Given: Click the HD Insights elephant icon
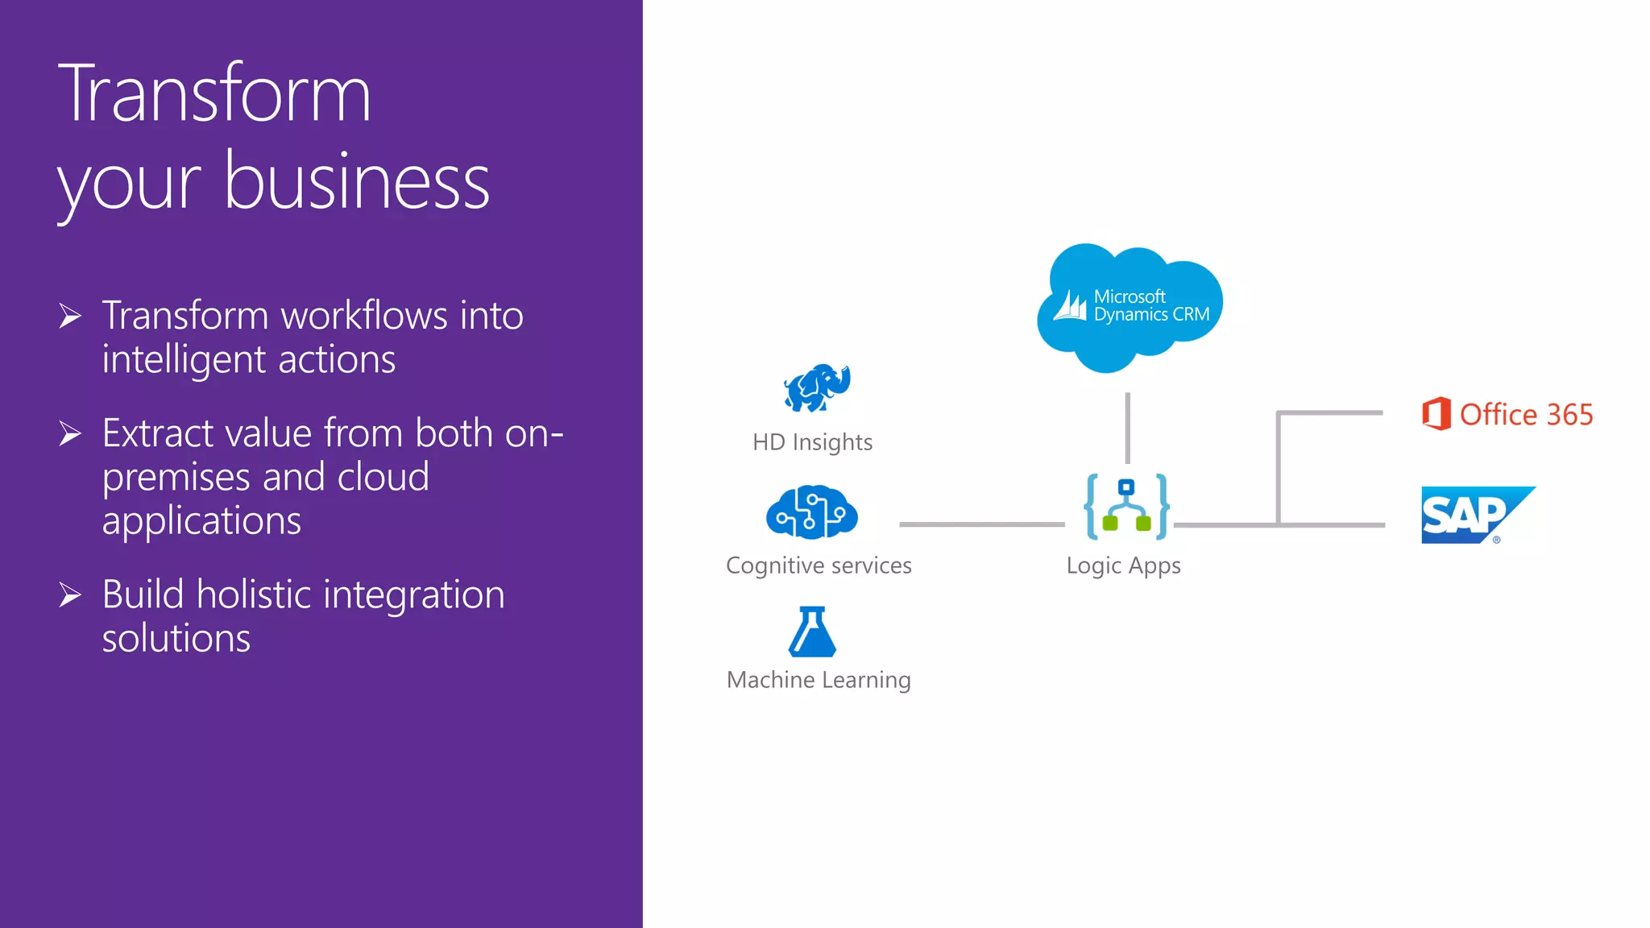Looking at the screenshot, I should coord(817,387).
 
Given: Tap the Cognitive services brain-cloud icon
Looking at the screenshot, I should coord(811,512).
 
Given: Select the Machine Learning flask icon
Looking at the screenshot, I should coord(812,632).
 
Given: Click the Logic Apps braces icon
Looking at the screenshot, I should coord(1126,507).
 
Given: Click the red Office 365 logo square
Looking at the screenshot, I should coord(1436,414).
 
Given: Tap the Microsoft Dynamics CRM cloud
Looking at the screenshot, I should coord(1130,306).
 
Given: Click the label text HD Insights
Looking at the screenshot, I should coord(812,442).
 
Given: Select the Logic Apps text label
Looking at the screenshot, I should coord(1123,565).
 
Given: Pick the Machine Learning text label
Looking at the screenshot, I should coord(819,680).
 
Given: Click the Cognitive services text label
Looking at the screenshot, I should coord(819,565).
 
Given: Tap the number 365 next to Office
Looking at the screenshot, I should coord(1569,415).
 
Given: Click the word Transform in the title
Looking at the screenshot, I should coord(214,94).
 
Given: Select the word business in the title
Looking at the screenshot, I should coord(356,182).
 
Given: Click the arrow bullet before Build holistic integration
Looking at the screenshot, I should coord(70,595).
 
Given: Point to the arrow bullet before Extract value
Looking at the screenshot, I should coord(70,434).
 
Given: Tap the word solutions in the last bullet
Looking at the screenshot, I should coord(176,638).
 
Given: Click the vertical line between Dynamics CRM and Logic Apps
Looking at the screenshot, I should coord(1127,428).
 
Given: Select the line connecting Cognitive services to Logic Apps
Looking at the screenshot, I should coord(981,524).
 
